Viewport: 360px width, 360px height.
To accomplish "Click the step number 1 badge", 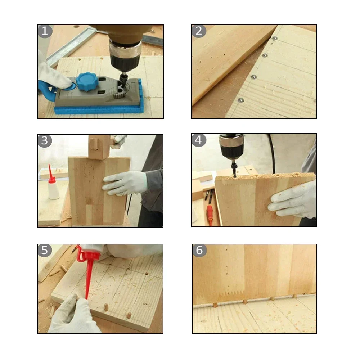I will click(45, 31).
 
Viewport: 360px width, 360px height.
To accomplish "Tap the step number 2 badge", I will click(199, 31).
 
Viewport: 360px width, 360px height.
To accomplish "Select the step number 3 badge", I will click(45, 141).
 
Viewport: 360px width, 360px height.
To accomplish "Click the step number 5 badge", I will click(45, 250).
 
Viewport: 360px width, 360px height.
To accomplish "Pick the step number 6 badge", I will click(199, 250).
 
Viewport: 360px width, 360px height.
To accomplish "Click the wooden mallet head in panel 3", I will click(99, 146).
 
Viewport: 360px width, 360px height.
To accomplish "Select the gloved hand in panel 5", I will click(72, 317).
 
